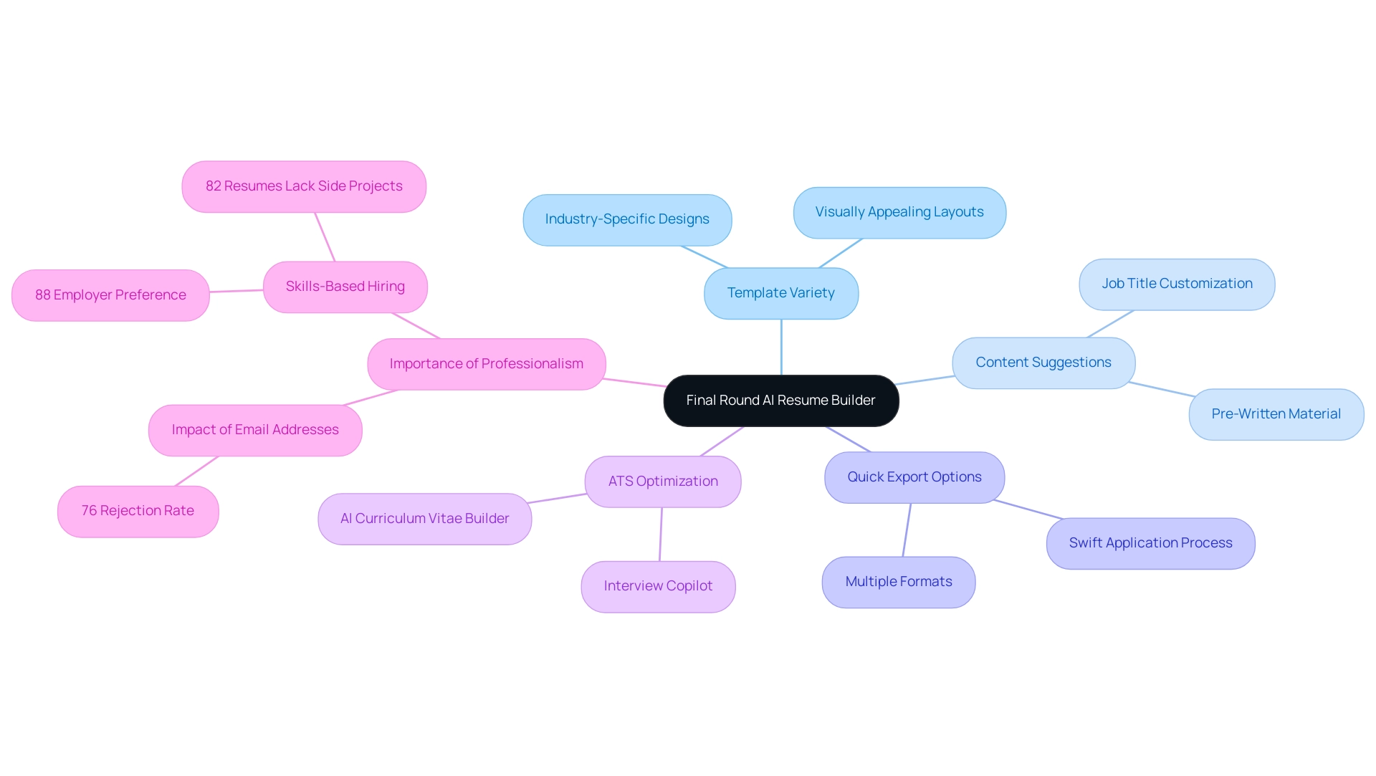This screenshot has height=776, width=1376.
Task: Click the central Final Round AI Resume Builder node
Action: click(x=780, y=401)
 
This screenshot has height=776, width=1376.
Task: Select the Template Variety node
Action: click(x=780, y=293)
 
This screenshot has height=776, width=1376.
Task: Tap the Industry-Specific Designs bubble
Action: click(x=627, y=219)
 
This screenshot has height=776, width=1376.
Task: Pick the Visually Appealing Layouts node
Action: click(x=899, y=212)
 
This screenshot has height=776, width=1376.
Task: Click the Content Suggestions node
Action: click(x=1043, y=363)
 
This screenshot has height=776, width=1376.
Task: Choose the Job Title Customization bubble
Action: click(x=1177, y=284)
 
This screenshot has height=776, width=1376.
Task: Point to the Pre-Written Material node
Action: click(x=1276, y=414)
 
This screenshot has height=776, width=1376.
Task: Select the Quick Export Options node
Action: click(x=914, y=477)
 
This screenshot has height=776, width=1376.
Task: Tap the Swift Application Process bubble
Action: click(x=1150, y=543)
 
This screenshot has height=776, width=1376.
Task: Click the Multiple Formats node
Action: click(x=898, y=582)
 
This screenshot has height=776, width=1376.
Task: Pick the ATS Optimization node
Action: click(x=663, y=482)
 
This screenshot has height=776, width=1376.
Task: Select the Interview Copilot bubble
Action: click(x=658, y=586)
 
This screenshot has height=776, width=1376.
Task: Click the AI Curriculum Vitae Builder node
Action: click(x=424, y=519)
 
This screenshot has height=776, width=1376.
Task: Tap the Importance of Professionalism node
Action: click(x=486, y=364)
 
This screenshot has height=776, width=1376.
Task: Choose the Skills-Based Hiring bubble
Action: click(x=345, y=287)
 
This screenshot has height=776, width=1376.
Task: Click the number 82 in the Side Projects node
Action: click(x=213, y=186)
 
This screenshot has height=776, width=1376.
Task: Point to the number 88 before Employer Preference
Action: click(x=43, y=295)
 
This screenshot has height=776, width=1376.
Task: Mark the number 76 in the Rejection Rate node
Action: click(x=89, y=511)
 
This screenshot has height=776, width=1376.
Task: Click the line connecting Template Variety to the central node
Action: click(x=781, y=348)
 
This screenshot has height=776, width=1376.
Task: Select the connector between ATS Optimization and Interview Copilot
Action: click(x=661, y=535)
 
